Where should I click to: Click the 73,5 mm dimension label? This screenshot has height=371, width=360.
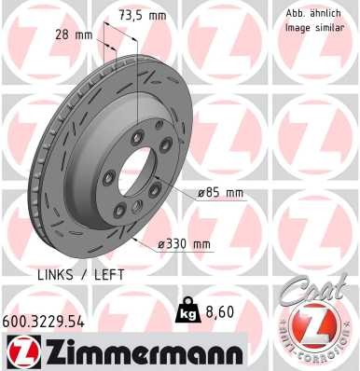(143, 16)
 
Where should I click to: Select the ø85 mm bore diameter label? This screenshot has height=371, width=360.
(220, 193)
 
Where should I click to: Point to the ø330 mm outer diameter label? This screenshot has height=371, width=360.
(186, 244)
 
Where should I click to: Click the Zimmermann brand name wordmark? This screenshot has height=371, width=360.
(137, 352)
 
